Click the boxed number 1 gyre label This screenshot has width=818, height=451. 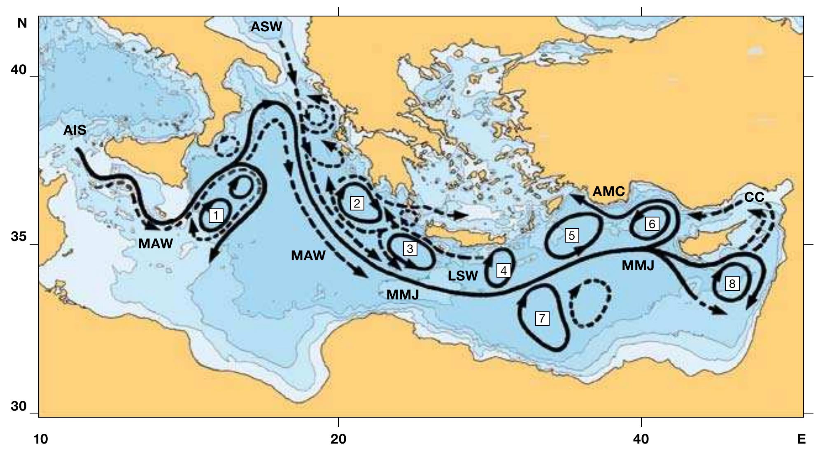pyautogui.click(x=216, y=215)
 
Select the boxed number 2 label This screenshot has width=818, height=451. pyautogui.click(x=357, y=203)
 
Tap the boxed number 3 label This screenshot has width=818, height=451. pyautogui.click(x=410, y=249)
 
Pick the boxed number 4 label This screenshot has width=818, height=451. pyautogui.click(x=503, y=271)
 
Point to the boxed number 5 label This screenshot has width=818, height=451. pyautogui.click(x=571, y=235)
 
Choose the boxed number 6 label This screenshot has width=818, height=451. pyautogui.click(x=652, y=224)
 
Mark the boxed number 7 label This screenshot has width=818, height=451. pyautogui.click(x=542, y=318)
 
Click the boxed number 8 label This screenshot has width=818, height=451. pyautogui.click(x=732, y=284)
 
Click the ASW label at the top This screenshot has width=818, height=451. pyautogui.click(x=266, y=27)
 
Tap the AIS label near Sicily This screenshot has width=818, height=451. pyautogui.click(x=75, y=131)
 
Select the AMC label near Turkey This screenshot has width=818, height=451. pyautogui.click(x=608, y=192)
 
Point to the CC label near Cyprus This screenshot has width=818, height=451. pyautogui.click(x=754, y=198)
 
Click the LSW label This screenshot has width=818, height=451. pyautogui.click(x=463, y=276)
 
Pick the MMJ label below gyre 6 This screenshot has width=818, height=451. pyautogui.click(x=638, y=266)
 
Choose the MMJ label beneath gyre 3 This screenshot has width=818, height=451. pyautogui.click(x=403, y=295)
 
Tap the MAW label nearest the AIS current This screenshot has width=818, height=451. pyautogui.click(x=155, y=244)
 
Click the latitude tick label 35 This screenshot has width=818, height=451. pyautogui.click(x=19, y=237)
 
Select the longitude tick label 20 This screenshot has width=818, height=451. pyautogui.click(x=338, y=439)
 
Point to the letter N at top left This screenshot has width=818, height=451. pyautogui.click(x=22, y=23)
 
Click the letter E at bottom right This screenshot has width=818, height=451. pyautogui.click(x=801, y=439)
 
